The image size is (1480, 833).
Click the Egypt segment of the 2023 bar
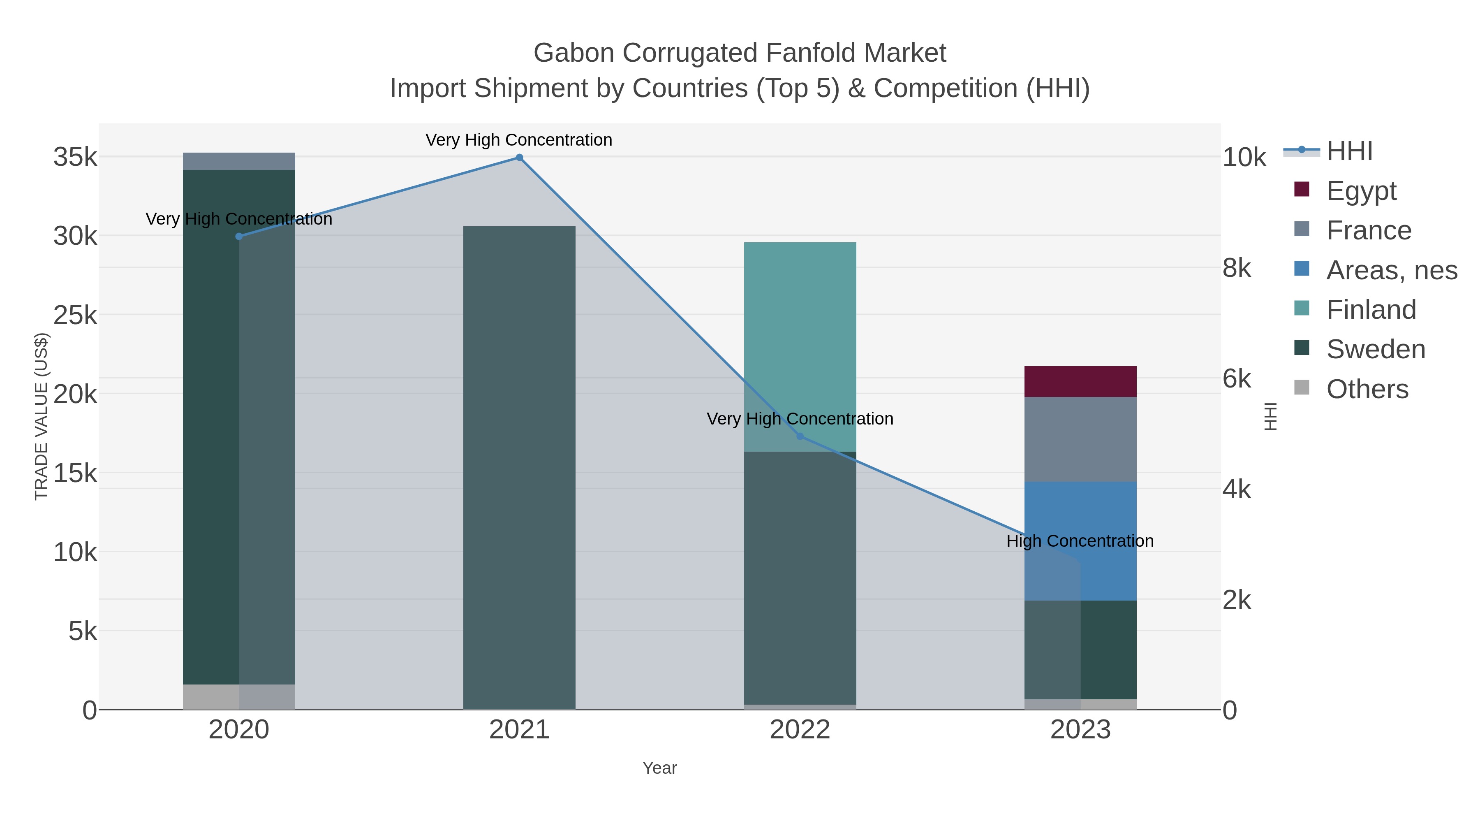1080,381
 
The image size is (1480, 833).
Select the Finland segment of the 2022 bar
800,345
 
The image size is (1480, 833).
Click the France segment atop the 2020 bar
239,161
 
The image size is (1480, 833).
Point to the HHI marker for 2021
519,158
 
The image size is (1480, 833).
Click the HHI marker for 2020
239,236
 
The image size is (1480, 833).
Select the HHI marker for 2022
800,436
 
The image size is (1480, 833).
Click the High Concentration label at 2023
1080,541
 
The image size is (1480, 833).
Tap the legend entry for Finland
1371,310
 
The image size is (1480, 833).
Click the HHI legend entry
1349,151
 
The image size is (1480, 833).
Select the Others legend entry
1367,389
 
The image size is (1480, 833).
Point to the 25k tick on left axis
75,315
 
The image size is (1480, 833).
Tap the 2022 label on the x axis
800,730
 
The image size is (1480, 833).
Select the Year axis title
659,768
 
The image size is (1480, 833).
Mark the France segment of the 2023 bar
1080,439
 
